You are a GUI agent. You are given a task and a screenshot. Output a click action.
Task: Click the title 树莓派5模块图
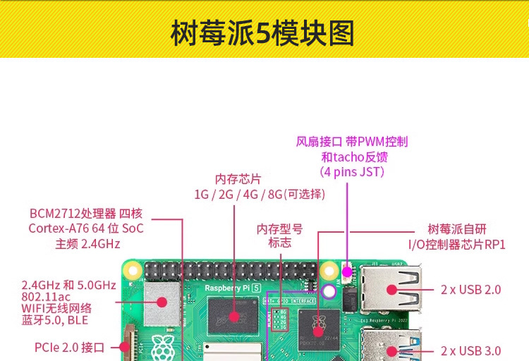[262, 33]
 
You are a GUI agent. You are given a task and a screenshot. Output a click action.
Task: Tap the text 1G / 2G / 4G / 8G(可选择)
[260, 194]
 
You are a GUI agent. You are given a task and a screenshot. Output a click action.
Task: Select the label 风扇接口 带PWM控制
[352, 141]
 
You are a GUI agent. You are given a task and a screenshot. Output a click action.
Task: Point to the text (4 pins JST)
[352, 171]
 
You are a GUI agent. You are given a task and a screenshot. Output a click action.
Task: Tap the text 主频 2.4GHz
[87, 244]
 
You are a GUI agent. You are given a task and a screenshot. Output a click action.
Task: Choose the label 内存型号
[279, 228]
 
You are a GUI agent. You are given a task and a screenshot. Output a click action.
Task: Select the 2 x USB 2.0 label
[470, 289]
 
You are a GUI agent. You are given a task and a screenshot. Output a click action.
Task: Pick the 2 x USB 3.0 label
[470, 350]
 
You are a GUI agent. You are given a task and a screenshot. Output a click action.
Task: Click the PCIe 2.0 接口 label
[69, 347]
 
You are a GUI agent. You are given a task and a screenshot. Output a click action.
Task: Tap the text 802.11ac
[45, 297]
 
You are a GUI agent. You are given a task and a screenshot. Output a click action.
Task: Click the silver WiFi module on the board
[161, 302]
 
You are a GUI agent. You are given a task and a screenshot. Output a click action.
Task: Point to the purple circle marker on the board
[328, 290]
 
